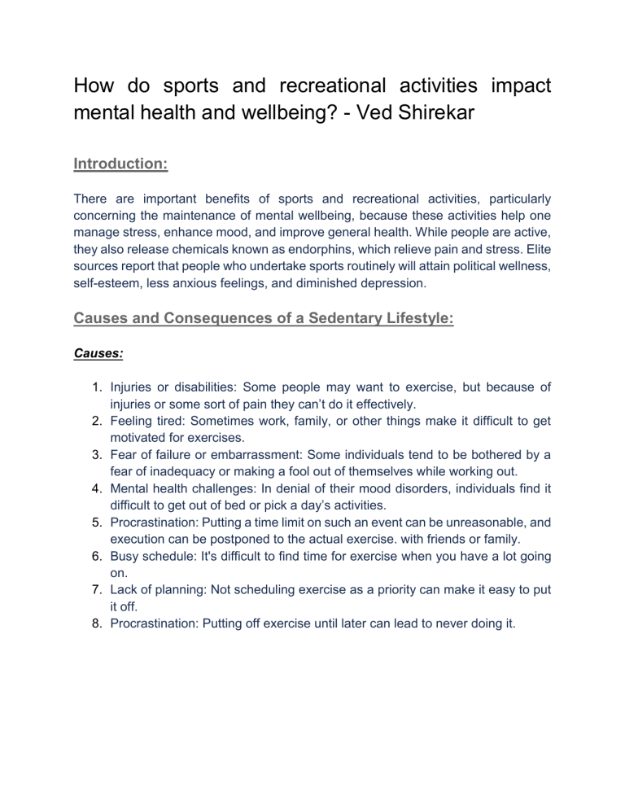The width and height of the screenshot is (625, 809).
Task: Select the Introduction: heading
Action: point(120,164)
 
